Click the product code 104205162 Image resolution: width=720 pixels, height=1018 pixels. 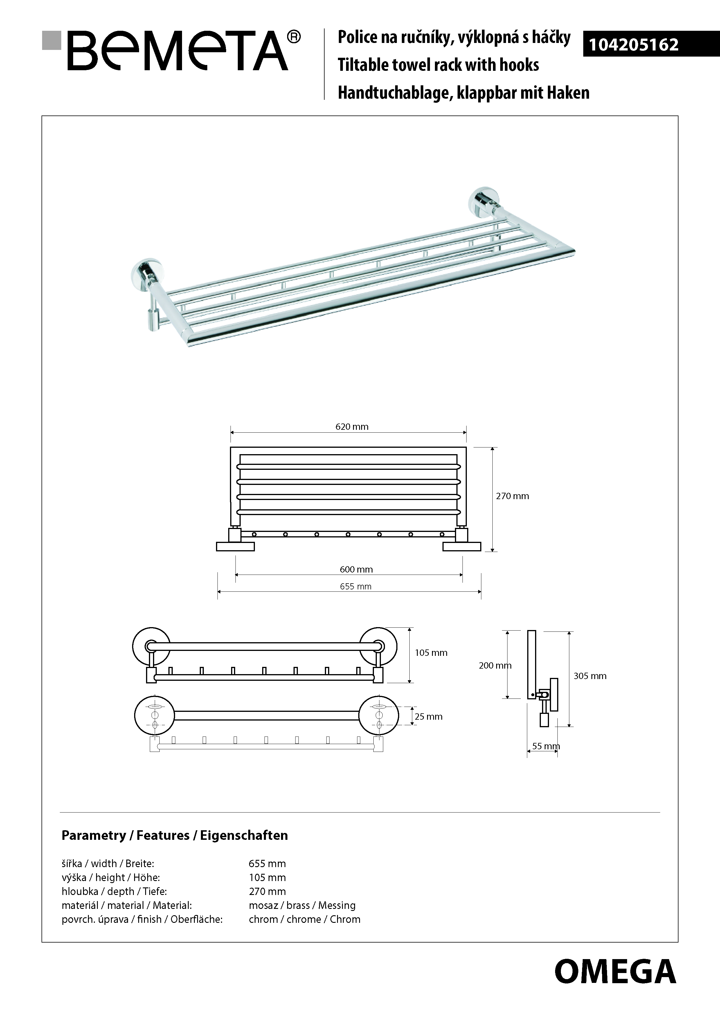tap(633, 45)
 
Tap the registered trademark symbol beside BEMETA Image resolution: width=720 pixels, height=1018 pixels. tap(294, 37)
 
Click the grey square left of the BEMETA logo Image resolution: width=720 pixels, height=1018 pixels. tap(51, 40)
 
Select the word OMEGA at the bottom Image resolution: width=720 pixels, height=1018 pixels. tap(615, 971)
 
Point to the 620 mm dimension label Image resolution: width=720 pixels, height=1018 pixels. tap(352, 427)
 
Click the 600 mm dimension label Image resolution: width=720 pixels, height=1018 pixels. tap(356, 569)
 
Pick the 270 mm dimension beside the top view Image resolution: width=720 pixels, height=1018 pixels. tap(512, 496)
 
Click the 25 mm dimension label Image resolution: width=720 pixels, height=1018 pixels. tap(429, 716)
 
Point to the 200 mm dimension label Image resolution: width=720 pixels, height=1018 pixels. tap(495, 665)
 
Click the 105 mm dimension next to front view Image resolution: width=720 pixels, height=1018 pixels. tap(431, 653)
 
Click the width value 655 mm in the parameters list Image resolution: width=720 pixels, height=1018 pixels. tap(267, 864)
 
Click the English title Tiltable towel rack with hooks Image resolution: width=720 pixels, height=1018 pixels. tap(438, 65)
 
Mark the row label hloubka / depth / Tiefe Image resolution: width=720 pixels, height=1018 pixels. tap(114, 891)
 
